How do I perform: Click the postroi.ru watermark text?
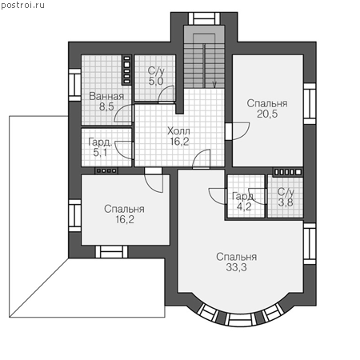[22, 6]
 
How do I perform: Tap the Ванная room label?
[106, 96]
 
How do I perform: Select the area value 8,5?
[106, 106]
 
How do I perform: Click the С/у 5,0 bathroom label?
[156, 76]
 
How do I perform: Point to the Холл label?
[178, 131]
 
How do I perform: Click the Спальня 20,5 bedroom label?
[267, 109]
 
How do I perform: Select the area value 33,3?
[237, 267]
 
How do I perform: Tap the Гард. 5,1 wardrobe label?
[100, 147]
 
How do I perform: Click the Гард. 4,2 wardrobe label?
[244, 202]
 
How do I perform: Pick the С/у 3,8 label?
[286, 198]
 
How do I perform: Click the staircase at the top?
[204, 58]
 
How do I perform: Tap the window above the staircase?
[204, 18]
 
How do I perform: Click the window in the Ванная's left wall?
[74, 85]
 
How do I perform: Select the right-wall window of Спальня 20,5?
[310, 103]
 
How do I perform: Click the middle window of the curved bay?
[240, 320]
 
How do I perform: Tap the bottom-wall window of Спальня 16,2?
[112, 252]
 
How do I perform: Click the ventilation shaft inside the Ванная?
[127, 70]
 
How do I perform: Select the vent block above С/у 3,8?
[288, 172]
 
